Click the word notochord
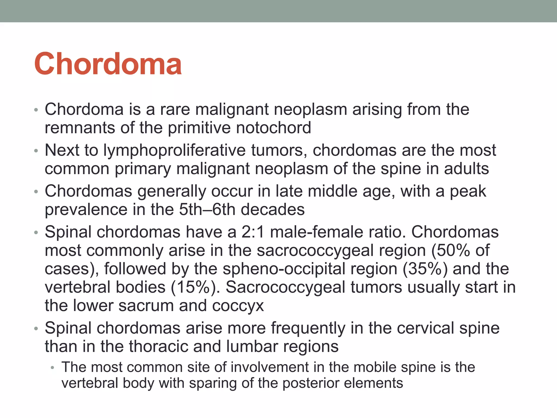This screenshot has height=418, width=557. pyautogui.click(x=273, y=128)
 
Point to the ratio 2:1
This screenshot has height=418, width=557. pyautogui.click(x=253, y=232)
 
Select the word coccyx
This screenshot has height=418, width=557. pyautogui.click(x=238, y=306)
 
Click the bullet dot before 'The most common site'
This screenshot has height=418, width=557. pyautogui.click(x=53, y=368)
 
